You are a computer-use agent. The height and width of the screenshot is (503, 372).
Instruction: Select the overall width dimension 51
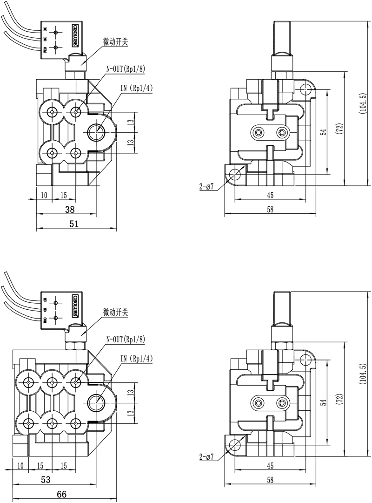73,224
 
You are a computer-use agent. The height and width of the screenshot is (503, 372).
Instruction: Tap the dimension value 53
46,479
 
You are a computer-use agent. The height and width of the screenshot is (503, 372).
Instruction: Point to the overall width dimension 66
62,494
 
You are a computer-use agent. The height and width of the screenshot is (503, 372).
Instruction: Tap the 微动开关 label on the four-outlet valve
115,42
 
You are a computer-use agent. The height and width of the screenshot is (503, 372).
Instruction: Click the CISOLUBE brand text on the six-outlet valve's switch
75,304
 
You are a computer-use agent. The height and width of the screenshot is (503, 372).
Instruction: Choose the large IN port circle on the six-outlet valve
97,401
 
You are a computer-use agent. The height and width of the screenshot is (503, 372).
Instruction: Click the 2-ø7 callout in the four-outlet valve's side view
206,187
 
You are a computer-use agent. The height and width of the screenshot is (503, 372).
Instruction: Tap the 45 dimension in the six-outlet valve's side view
270,465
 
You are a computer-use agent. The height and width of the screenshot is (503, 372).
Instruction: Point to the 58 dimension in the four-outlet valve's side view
270,210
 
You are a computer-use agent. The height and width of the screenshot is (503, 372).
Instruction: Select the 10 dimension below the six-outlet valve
20,465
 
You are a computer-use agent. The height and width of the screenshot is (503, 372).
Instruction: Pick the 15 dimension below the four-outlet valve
64,195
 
